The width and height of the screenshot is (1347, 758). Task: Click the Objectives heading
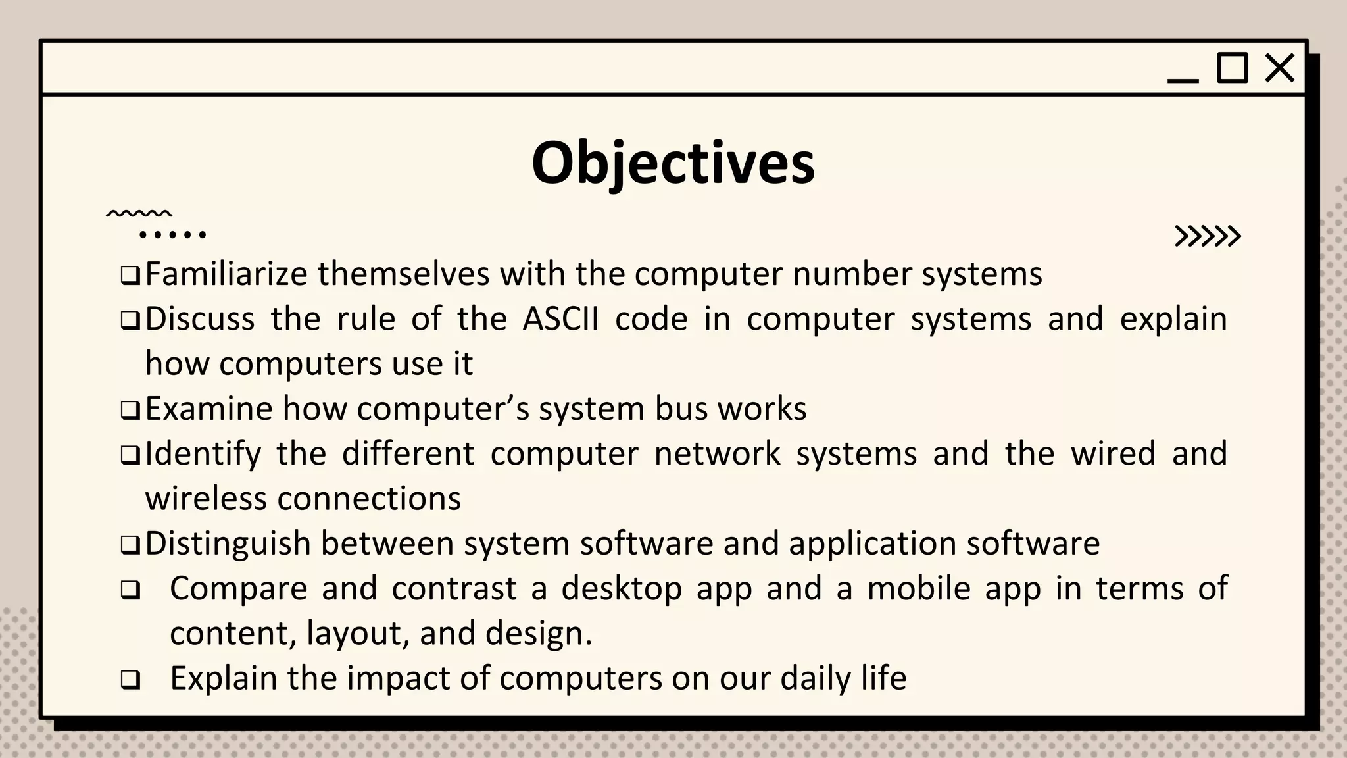coord(673,163)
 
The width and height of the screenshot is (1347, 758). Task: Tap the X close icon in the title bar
coord(1279,68)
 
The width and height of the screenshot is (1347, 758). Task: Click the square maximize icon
coord(1232,68)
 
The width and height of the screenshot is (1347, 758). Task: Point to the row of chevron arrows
coord(1208,236)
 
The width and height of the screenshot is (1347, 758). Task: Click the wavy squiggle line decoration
coord(139,214)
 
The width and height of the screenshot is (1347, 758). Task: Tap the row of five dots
coord(173,234)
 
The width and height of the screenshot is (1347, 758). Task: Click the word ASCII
coord(560,319)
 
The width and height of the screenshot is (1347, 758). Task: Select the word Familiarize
coord(226,274)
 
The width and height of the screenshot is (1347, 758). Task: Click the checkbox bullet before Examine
coord(130,411)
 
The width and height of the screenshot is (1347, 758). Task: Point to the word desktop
coord(622,588)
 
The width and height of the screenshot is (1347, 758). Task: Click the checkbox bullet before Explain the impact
coord(130,680)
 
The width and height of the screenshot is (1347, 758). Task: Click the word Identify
coord(203,454)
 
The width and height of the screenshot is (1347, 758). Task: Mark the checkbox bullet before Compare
coord(130,590)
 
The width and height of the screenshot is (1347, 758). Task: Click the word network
coord(717,454)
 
